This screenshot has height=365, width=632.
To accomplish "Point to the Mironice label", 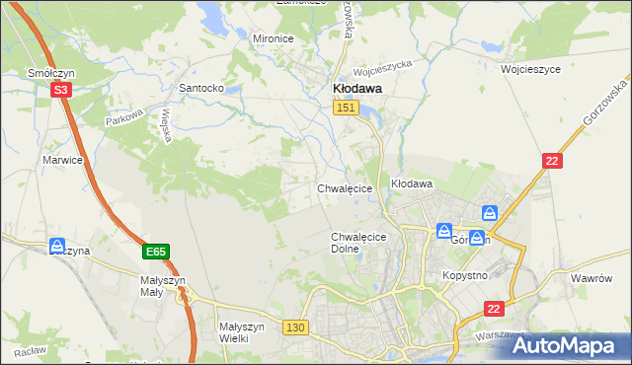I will (x=274, y=38).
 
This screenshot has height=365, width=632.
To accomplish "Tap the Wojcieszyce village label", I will (x=530, y=70).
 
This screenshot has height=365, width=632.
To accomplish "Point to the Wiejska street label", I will (x=168, y=125).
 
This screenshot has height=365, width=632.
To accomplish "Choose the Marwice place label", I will (x=61, y=159).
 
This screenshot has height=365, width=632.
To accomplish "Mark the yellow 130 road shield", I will (x=294, y=327).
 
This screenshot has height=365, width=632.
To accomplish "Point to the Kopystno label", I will (x=466, y=275).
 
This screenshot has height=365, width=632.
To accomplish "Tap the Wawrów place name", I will (x=593, y=279).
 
